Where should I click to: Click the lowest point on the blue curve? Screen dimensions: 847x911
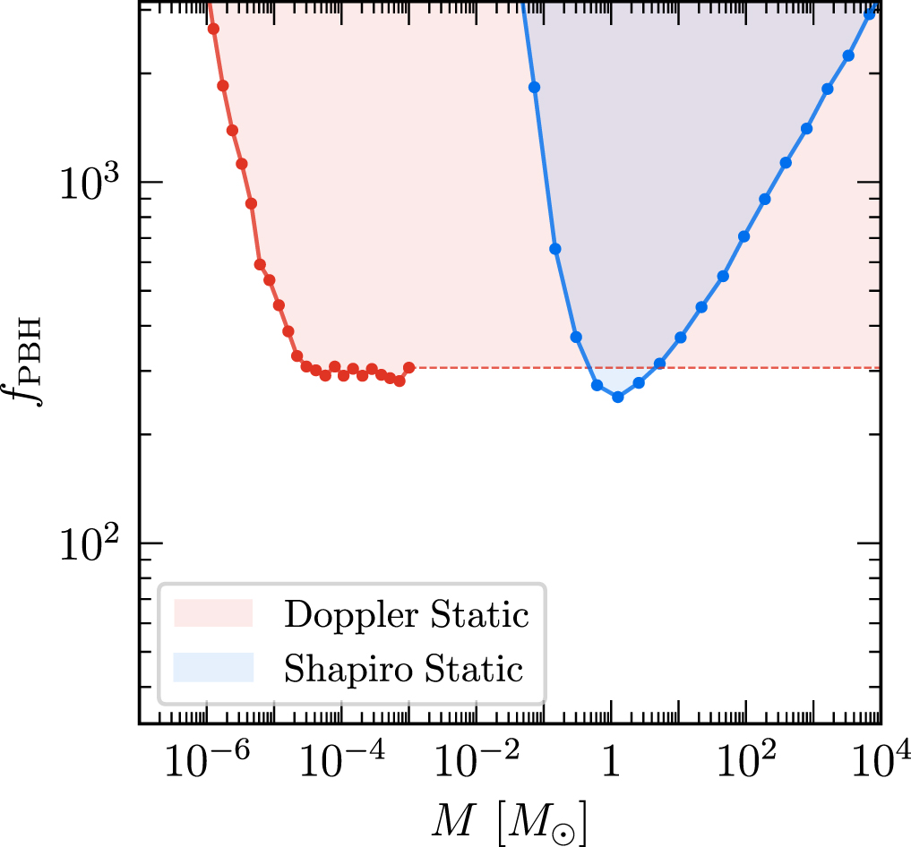(x=617, y=397)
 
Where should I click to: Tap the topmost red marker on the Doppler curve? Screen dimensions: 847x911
(x=213, y=29)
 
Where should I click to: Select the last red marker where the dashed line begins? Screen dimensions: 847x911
(x=409, y=367)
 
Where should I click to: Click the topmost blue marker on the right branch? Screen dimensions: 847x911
(x=869, y=14)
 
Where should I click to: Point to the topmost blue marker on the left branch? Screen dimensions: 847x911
(x=535, y=87)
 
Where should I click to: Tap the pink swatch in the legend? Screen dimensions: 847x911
(x=215, y=614)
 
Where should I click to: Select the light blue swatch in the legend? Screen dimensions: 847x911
(x=215, y=668)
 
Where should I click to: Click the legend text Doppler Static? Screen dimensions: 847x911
(x=406, y=615)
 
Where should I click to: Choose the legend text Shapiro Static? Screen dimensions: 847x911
(x=403, y=669)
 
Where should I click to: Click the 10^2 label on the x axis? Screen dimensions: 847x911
(x=744, y=768)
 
